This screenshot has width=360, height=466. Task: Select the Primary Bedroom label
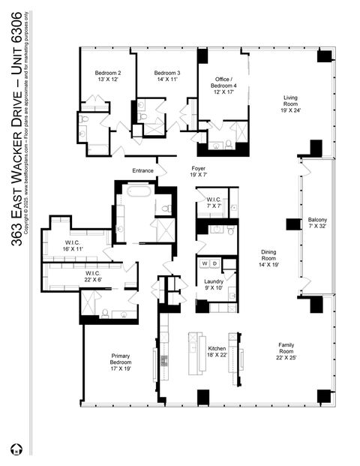click(121, 359)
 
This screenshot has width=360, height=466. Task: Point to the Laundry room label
click(214, 284)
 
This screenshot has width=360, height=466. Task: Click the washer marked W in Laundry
click(203, 263)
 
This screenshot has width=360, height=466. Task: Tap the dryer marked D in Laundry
click(214, 263)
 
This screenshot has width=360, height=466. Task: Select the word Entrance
click(142, 170)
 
